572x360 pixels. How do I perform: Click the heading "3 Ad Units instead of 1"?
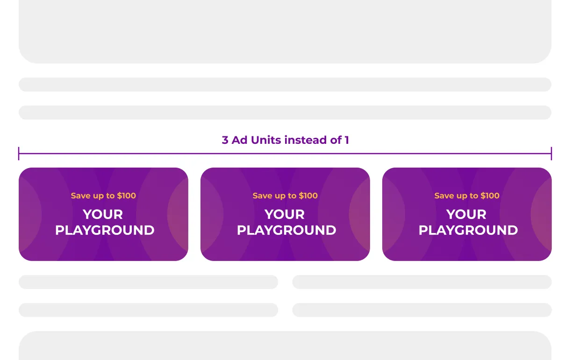click(285, 140)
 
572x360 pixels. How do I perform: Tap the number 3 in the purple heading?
click(225, 140)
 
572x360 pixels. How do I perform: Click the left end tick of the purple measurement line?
click(19, 154)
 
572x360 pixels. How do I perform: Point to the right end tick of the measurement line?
click(551, 154)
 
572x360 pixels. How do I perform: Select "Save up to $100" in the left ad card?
click(103, 196)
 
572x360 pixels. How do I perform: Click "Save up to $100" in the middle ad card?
click(285, 196)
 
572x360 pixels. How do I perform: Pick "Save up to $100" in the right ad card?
click(467, 196)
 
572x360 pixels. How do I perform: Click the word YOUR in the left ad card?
click(103, 214)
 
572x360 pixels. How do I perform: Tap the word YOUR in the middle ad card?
click(285, 214)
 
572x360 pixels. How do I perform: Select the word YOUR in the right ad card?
click(466, 214)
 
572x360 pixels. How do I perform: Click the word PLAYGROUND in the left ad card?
click(105, 230)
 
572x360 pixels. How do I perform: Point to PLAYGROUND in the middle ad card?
click(286, 230)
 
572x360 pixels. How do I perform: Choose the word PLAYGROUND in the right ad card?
click(468, 230)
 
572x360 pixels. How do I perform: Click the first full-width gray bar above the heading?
click(285, 85)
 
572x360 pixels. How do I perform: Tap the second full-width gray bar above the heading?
click(285, 113)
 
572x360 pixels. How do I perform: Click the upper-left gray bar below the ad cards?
click(148, 282)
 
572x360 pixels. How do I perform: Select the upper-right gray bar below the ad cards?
click(422, 282)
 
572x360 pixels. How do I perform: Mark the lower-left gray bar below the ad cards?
click(148, 310)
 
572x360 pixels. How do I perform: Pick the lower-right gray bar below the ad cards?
click(422, 310)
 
